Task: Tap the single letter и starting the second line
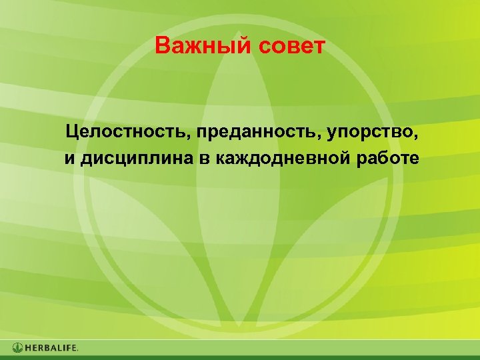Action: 69,159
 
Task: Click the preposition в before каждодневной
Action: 207,159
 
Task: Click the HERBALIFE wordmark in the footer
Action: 52,347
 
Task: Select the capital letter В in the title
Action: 161,47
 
